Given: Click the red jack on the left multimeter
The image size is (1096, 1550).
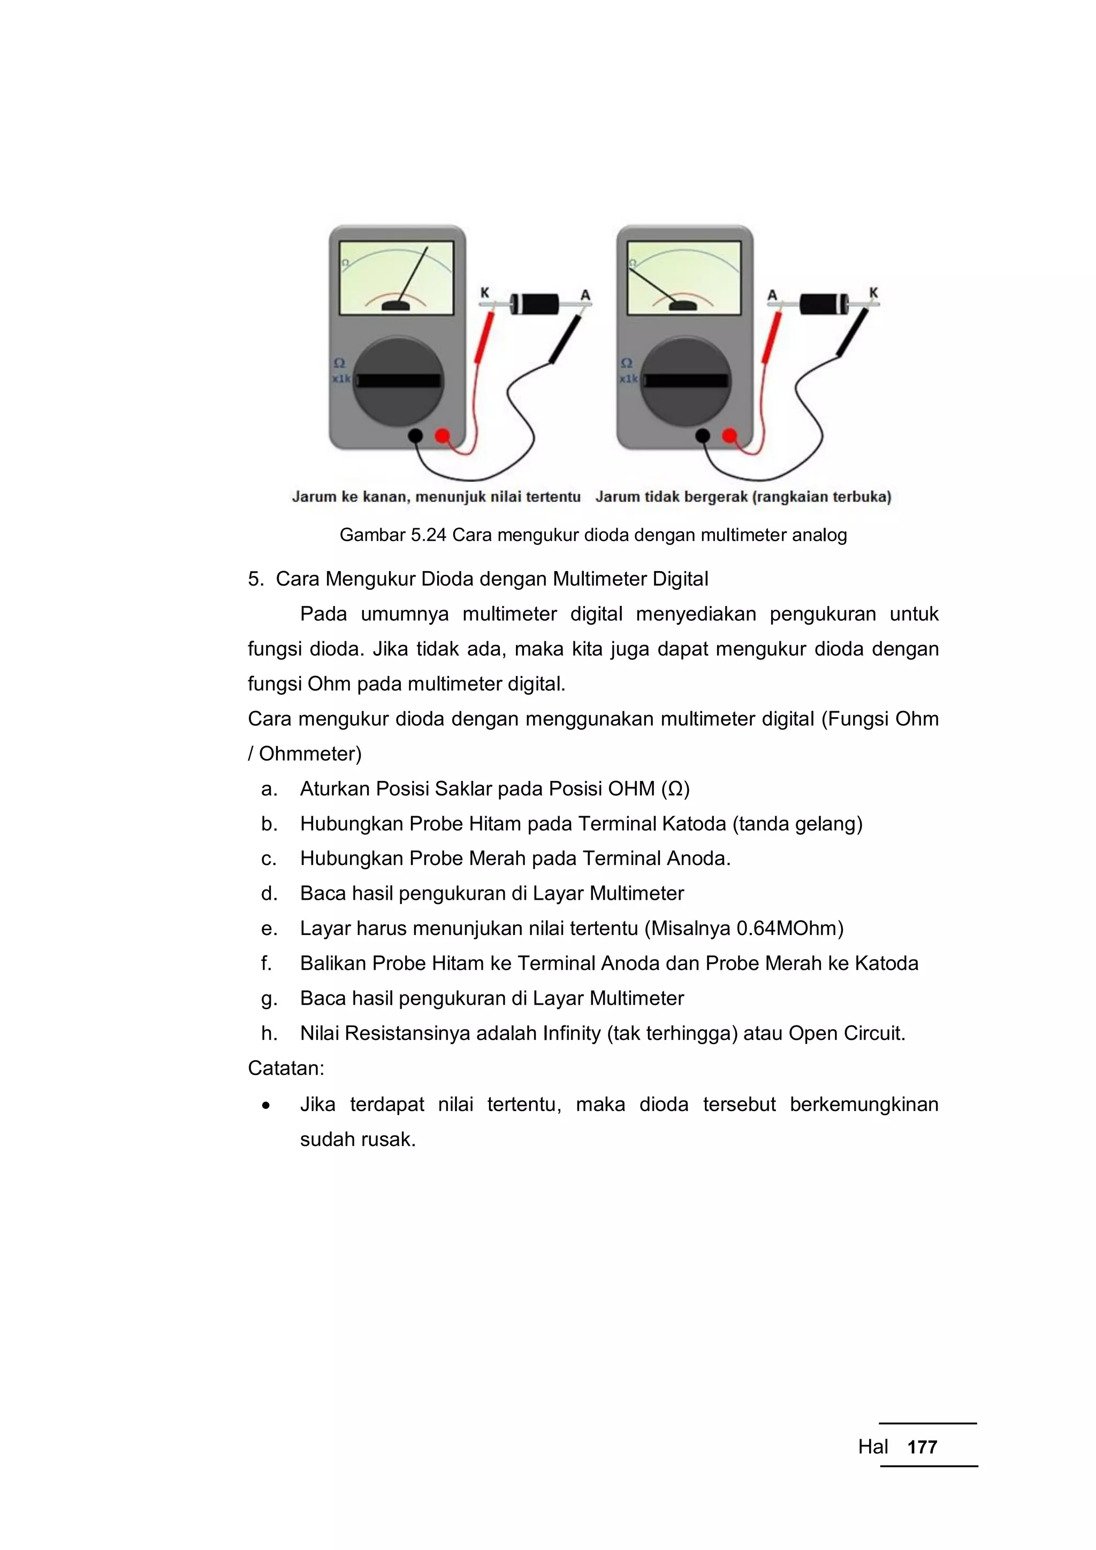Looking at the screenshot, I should coord(443,436).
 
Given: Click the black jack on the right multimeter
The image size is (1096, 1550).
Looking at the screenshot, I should coord(703,436).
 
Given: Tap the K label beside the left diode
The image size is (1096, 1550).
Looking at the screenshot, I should coord(484,293).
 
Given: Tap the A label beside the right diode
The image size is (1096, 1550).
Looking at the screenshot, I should coord(772,295).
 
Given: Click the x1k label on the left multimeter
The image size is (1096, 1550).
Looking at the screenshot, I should coord(341,379).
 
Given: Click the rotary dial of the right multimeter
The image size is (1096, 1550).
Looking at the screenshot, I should coord(686,382).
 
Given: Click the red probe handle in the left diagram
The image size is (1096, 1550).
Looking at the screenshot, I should coord(484,338).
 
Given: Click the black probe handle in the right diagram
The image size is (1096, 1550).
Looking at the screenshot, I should coord(853,333).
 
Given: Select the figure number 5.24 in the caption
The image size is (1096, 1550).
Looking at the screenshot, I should coord(429,535).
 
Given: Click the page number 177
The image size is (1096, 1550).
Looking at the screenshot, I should coord(922,1447).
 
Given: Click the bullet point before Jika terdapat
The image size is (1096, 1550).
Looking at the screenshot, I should coord(267,1106).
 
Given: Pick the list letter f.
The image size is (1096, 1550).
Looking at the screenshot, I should coord(267,963).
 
